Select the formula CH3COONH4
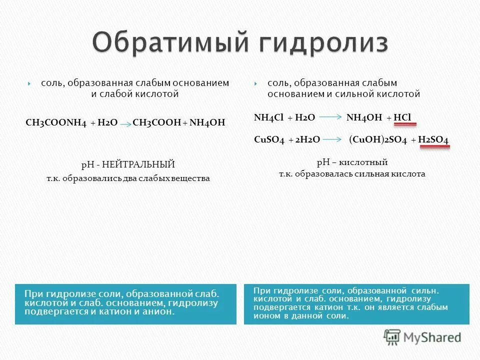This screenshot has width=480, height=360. point(56,122)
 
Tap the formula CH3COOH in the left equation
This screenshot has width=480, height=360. point(156,122)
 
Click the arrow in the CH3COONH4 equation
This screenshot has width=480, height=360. point(126,123)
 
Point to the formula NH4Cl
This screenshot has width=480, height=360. point(269,117)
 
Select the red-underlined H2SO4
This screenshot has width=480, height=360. point(433,140)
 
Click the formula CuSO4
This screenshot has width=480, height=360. point(269,140)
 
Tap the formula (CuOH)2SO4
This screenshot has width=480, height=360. point(378,140)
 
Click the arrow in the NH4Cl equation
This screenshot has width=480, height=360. point(330,117)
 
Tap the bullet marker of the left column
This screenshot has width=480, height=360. point(29,83)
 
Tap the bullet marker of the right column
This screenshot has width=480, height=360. point(255,83)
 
